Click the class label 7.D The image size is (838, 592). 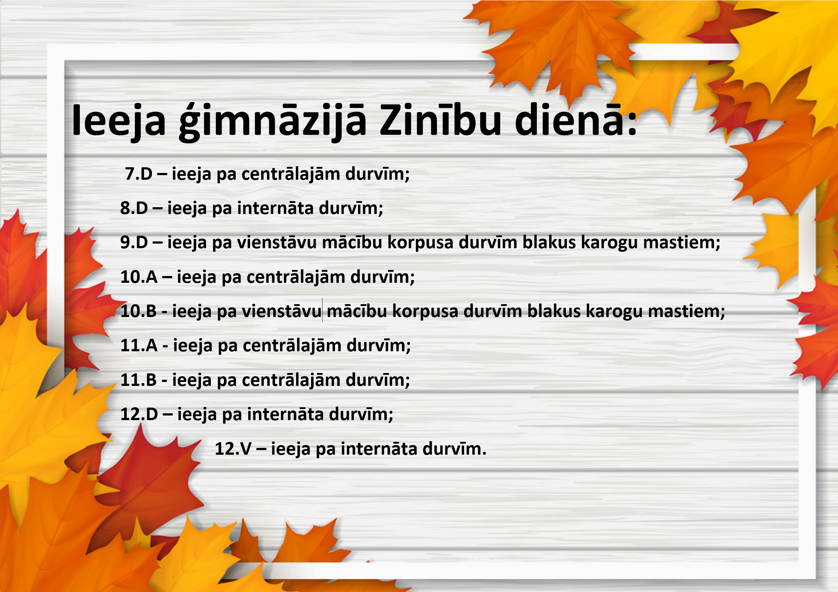pyautogui.click(x=139, y=174)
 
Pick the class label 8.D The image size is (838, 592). pyautogui.click(x=134, y=208)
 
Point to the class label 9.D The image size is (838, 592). pyautogui.click(x=134, y=243)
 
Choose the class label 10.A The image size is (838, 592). pyautogui.click(x=139, y=277)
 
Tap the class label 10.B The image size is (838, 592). pyautogui.click(x=138, y=311)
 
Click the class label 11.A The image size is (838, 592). pyautogui.click(x=139, y=346)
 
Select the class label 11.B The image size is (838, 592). pyautogui.click(x=138, y=381)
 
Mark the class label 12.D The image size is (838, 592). pyautogui.click(x=139, y=415)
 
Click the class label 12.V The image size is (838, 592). pyautogui.click(x=233, y=449)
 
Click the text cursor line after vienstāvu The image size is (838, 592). pyautogui.click(x=322, y=310)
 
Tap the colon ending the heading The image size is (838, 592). pyautogui.click(x=633, y=124)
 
